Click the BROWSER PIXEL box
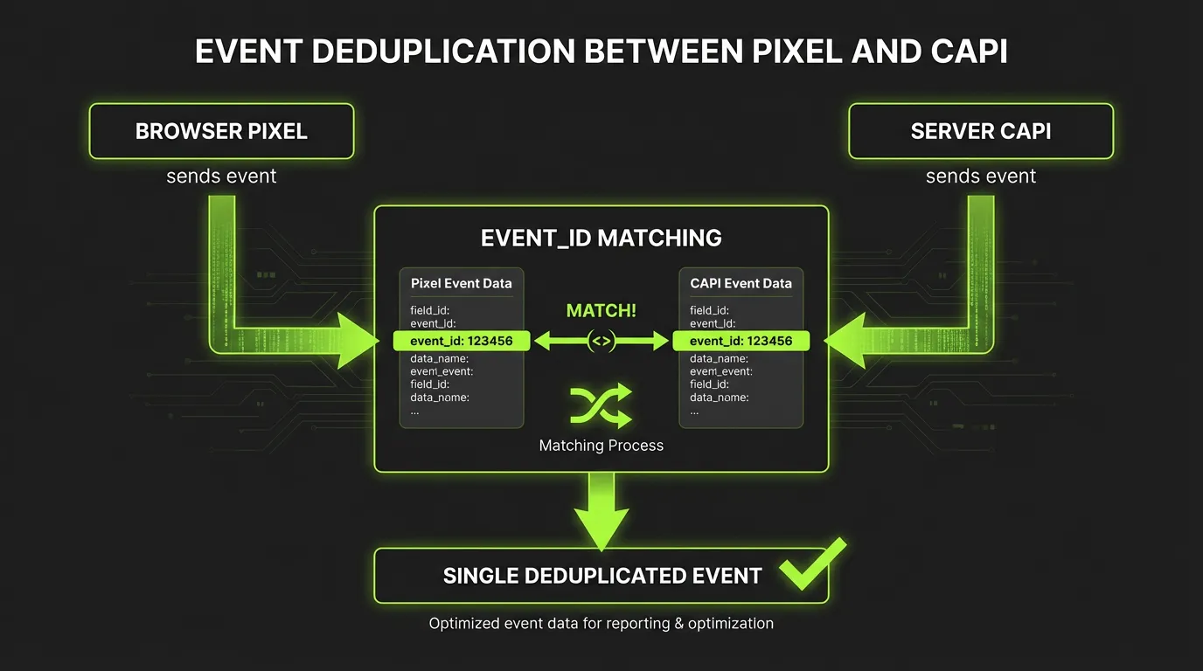click(x=221, y=131)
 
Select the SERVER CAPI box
click(x=981, y=131)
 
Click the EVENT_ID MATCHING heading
click(x=601, y=237)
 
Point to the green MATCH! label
click(x=601, y=311)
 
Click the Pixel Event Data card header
click(x=462, y=283)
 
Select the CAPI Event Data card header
click(x=741, y=283)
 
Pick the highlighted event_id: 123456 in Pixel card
click(x=462, y=341)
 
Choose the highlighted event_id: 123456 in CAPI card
click(x=741, y=341)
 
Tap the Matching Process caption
click(x=601, y=446)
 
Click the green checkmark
click(x=812, y=563)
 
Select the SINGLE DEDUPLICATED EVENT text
click(x=602, y=576)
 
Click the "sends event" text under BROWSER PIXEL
click(x=221, y=176)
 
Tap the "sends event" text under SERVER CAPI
click(x=981, y=176)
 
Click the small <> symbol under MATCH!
click(x=601, y=342)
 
